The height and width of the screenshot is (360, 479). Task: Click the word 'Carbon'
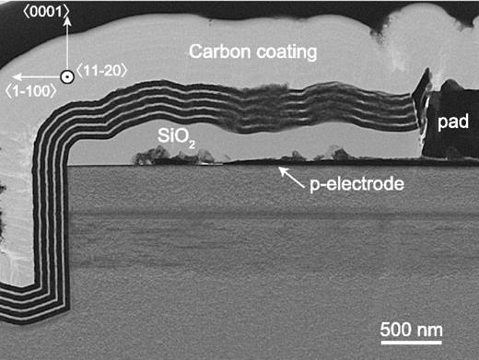coord(216,52)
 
